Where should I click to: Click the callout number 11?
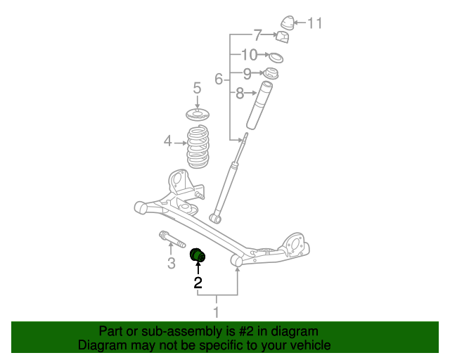pyautogui.click(x=314, y=23)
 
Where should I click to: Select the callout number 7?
pyautogui.click(x=257, y=34)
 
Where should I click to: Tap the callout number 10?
pyautogui.click(x=249, y=55)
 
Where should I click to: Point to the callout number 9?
pyautogui.click(x=247, y=74)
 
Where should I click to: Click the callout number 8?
pyautogui.click(x=240, y=93)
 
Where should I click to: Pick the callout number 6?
pyautogui.click(x=219, y=79)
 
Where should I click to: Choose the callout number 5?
pyautogui.click(x=198, y=89)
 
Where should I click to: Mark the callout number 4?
pyautogui.click(x=167, y=141)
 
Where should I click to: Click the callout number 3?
pyautogui.click(x=171, y=264)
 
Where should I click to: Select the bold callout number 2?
pyautogui.click(x=198, y=283)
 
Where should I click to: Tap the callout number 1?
pyautogui.click(x=217, y=313)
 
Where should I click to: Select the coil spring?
pyautogui.click(x=198, y=146)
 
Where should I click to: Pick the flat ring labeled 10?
pyautogui.click(x=276, y=57)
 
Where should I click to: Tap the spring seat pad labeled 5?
pyautogui.click(x=198, y=114)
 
